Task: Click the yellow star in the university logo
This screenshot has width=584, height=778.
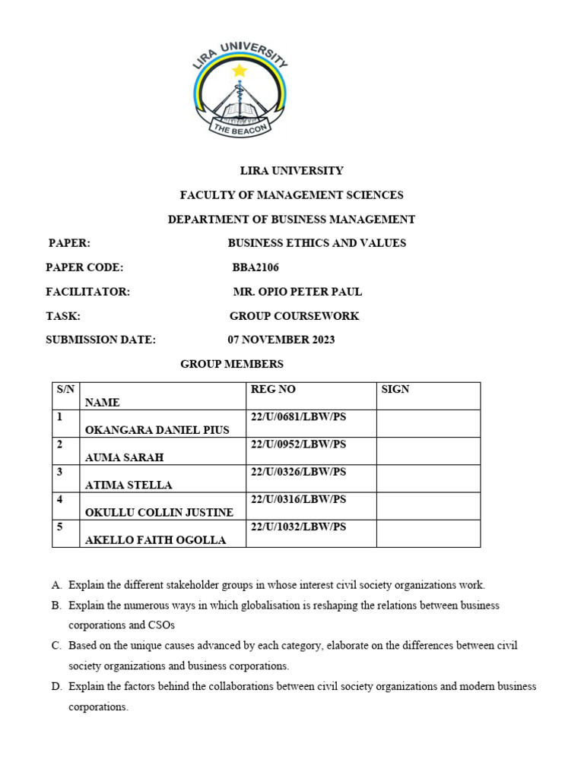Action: [240, 71]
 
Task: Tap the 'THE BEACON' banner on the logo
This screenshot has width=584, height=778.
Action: [240, 130]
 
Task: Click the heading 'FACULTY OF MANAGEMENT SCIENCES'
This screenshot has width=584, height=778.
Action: [291, 195]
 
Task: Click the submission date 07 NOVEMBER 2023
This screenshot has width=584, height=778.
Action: [281, 340]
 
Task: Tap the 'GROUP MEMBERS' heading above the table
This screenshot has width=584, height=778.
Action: [232, 364]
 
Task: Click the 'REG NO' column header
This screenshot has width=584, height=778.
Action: [273, 389]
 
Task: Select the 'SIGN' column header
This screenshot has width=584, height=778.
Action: [395, 389]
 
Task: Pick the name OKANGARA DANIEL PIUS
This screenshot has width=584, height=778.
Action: [157, 430]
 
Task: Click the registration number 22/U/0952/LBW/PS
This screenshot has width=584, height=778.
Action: [298, 444]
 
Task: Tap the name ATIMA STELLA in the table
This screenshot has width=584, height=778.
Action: [129, 485]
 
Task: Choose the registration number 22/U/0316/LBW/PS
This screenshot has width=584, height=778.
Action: [298, 498]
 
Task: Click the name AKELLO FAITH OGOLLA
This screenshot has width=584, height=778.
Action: [156, 540]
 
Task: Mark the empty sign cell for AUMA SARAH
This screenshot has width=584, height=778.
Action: [428, 451]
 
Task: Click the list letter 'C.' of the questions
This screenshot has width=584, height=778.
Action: [56, 645]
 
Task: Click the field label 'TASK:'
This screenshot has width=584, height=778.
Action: [63, 316]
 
